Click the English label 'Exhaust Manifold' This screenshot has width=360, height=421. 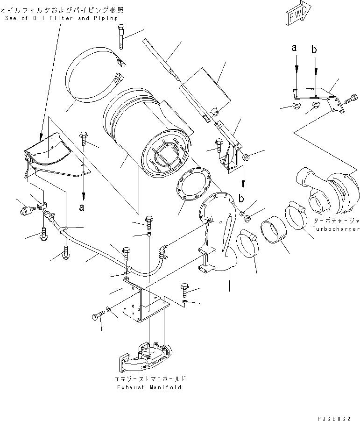[149, 387]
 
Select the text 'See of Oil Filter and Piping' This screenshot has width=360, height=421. [62, 18]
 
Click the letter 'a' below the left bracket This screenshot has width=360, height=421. [82, 208]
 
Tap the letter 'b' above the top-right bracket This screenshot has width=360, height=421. [315, 49]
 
